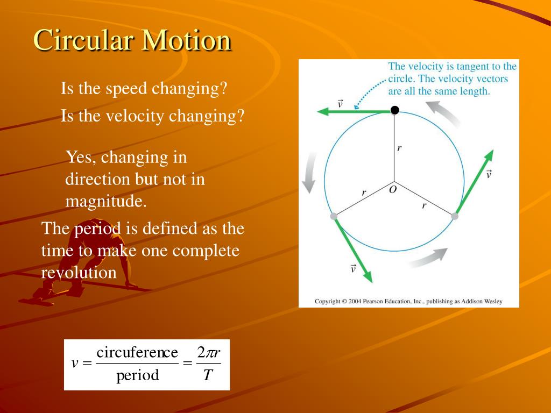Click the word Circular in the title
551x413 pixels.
(x=84, y=41)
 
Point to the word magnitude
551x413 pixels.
(x=105, y=202)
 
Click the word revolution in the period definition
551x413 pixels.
(x=79, y=273)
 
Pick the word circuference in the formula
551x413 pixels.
(x=137, y=353)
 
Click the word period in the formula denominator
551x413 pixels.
(x=137, y=375)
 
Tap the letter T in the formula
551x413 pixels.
(x=207, y=375)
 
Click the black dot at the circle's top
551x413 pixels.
(x=394, y=110)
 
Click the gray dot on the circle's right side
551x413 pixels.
(x=455, y=216)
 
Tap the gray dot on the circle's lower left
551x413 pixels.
(x=334, y=216)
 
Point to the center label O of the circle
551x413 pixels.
(x=393, y=190)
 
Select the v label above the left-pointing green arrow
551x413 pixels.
(x=340, y=102)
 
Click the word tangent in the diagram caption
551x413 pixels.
(x=470, y=67)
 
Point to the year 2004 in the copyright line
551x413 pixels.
(x=355, y=302)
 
